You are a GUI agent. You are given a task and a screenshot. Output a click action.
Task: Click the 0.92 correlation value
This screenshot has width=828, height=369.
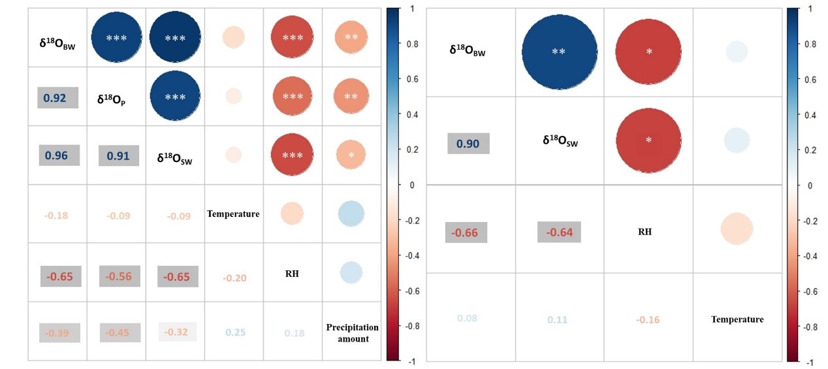click(x=57, y=97)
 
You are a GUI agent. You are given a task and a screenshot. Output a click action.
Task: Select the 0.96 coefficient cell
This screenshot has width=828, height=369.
click(x=59, y=156)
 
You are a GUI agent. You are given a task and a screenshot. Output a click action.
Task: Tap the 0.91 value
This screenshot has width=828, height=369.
click(x=118, y=156)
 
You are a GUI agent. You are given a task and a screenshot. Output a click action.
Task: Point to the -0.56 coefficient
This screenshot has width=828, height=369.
click(x=119, y=276)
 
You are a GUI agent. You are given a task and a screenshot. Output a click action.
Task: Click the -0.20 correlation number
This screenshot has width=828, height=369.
click(x=234, y=278)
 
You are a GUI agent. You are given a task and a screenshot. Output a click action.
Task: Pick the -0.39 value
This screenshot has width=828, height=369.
click(x=58, y=333)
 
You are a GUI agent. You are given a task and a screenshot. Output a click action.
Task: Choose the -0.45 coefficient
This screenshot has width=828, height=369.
click(x=119, y=333)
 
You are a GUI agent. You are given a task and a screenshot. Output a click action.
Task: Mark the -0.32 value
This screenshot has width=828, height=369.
click(x=178, y=332)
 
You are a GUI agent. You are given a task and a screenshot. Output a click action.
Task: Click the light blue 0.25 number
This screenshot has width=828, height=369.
click(x=235, y=332)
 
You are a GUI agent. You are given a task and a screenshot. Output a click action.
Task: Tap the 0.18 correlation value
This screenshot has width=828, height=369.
click(x=294, y=333)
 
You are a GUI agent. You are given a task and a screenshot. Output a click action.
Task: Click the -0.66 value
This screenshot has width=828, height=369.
click(x=468, y=232)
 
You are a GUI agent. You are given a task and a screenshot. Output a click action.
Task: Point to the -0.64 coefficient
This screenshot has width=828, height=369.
click(x=560, y=232)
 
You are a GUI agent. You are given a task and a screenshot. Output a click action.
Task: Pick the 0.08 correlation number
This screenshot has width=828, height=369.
click(x=467, y=318)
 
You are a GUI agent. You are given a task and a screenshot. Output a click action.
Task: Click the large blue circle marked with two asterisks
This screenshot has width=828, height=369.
click(x=560, y=52)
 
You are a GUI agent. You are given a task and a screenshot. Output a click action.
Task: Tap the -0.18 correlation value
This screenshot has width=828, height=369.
click(x=56, y=215)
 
